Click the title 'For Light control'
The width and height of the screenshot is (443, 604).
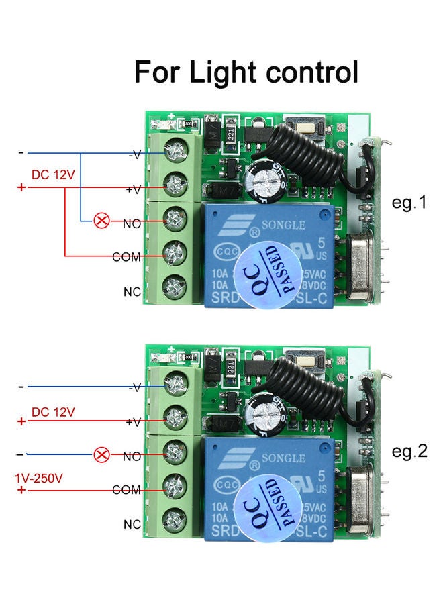246,72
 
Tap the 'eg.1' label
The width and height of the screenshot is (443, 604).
409,202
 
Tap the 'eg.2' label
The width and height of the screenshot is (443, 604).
409,451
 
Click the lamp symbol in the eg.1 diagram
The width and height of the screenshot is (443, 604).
101,220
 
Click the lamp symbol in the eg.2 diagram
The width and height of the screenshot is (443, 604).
101,455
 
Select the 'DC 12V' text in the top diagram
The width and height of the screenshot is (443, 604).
53,175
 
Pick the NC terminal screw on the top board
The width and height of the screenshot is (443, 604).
175,285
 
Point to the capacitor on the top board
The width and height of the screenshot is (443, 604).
260,183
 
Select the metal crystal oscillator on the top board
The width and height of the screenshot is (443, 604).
363,272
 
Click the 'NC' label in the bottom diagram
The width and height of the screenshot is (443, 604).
132,524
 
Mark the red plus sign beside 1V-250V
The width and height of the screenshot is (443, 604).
21,491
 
